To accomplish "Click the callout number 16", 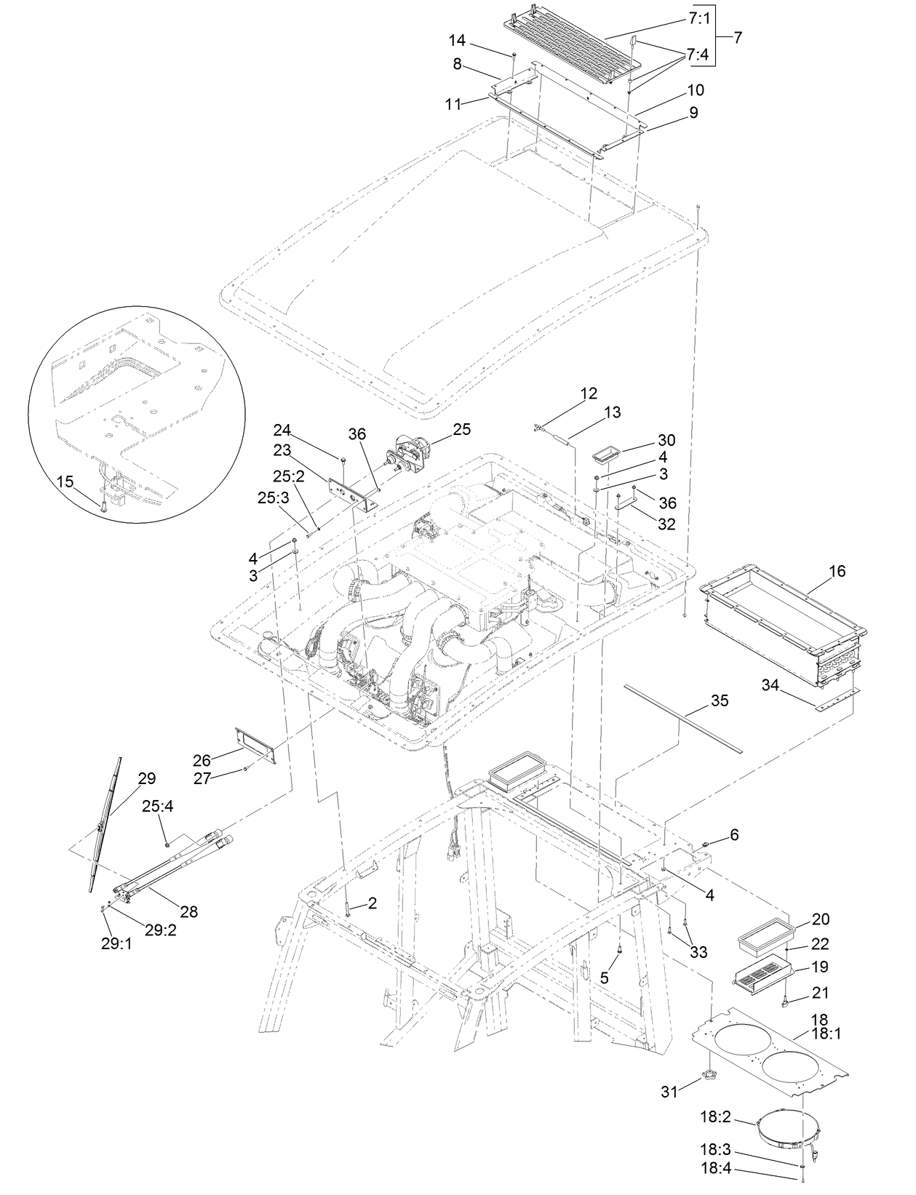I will (x=837, y=571).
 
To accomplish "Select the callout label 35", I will (x=719, y=700).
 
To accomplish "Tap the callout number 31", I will (x=669, y=1091).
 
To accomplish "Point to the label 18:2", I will (x=716, y=1118).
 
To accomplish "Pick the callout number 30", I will (x=666, y=440).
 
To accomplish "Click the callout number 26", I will (x=202, y=760).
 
